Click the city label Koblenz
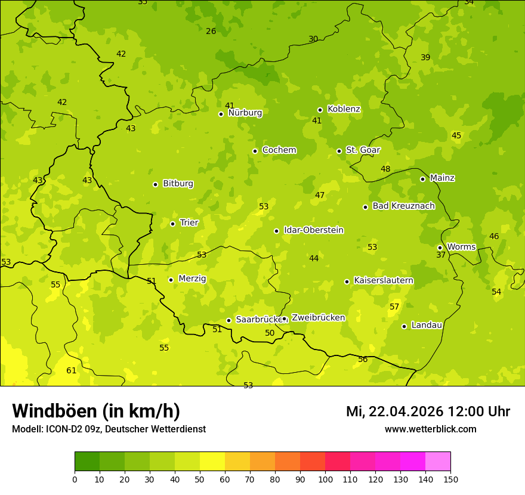344,109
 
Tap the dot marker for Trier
173,224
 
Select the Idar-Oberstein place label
314,230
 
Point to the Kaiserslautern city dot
347,281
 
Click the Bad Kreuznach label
403,206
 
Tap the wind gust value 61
72,370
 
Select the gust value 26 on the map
211,31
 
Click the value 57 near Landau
394,307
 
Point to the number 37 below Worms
441,255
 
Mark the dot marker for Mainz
422,179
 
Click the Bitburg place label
178,184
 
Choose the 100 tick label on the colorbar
325,479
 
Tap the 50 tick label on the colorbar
200,479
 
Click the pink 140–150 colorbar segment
438,462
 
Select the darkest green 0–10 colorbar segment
87,462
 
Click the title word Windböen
54,411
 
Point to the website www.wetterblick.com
430,429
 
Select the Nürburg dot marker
221,114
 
